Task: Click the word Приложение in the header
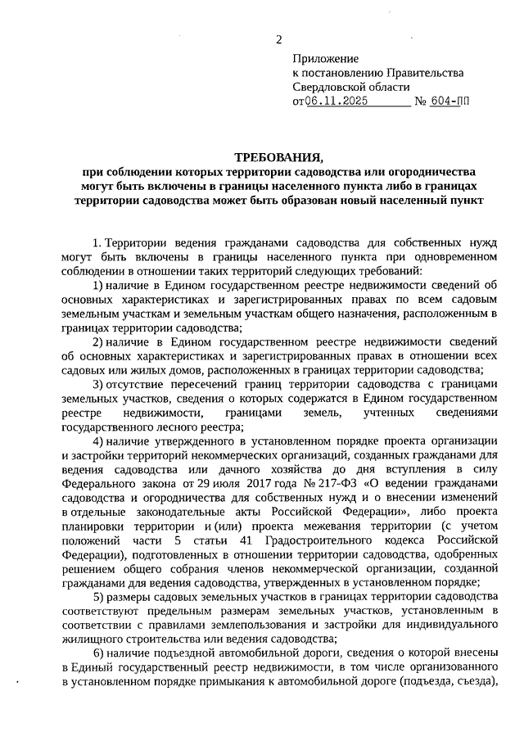[326, 58]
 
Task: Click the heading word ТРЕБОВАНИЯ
[278, 156]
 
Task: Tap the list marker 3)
[97, 383]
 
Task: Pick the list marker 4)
[97, 441]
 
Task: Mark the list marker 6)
[97, 653]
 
